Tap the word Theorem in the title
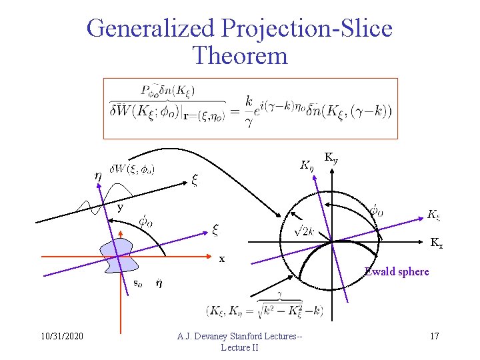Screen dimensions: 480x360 tap(239, 55)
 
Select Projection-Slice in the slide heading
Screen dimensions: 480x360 tap(306, 29)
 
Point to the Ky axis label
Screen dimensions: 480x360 tap(331, 157)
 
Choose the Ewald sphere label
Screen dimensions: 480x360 tap(397, 271)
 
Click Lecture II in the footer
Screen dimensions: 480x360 tap(239, 347)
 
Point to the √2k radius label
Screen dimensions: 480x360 tap(305, 231)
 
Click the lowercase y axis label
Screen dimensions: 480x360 tap(121, 207)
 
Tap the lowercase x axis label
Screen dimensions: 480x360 tap(222, 259)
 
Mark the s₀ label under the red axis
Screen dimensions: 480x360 tap(136, 283)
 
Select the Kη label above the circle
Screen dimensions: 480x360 tap(307, 163)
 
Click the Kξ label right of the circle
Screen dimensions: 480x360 tap(433, 215)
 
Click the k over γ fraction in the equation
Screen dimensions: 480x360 tap(249, 110)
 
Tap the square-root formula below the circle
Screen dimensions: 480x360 tap(267, 311)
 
